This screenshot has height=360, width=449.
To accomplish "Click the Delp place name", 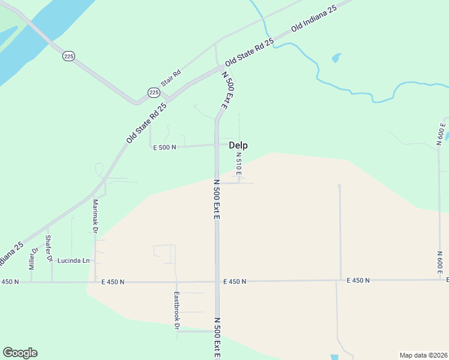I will pos(238,145).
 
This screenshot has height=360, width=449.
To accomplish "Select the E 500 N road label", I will pos(164,147).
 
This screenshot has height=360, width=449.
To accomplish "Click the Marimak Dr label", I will pos(95,213).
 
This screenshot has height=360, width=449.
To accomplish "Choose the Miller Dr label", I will pos(34,257).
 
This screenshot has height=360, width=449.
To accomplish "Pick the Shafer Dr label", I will pos(50,252).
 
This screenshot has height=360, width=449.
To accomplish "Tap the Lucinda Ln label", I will pos(73,261).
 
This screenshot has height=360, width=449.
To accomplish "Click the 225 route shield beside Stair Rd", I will pos(154,92).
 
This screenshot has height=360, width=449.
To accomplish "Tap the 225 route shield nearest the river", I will pos(68,56).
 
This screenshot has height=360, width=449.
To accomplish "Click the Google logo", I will pos(20,353).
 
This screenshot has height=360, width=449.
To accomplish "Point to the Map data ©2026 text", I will pos(424,355).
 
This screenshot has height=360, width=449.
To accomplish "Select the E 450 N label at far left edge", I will pos(10,281).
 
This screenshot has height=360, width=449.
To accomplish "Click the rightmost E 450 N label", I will pos(358,280).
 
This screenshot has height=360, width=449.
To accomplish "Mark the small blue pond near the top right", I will pos(336,59).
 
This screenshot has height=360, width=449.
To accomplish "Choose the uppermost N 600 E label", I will pos(441,134).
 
